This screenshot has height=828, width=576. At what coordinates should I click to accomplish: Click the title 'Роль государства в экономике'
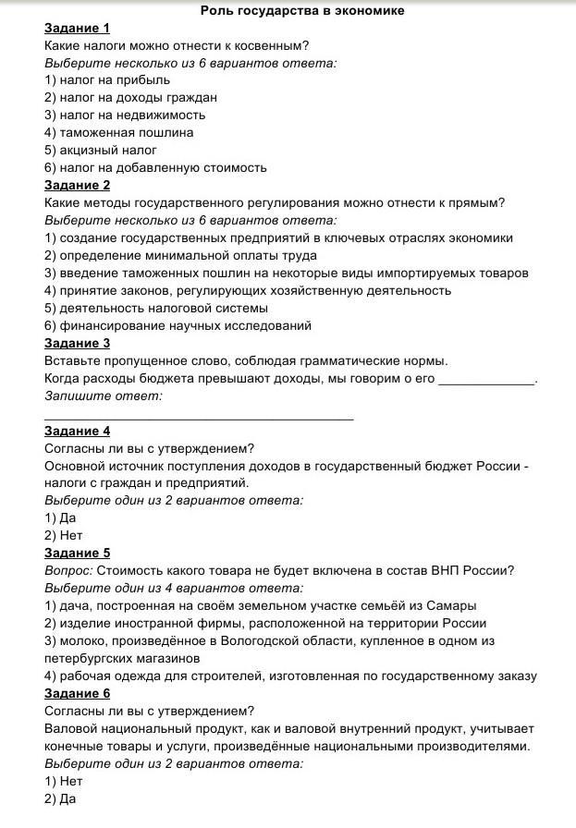[289, 10]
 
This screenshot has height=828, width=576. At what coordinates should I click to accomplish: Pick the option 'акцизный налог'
[101, 151]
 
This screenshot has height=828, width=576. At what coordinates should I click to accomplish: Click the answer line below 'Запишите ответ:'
[199, 418]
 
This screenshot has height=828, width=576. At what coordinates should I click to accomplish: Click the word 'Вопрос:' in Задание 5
[68, 571]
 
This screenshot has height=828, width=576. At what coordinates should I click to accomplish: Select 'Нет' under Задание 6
[64, 782]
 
